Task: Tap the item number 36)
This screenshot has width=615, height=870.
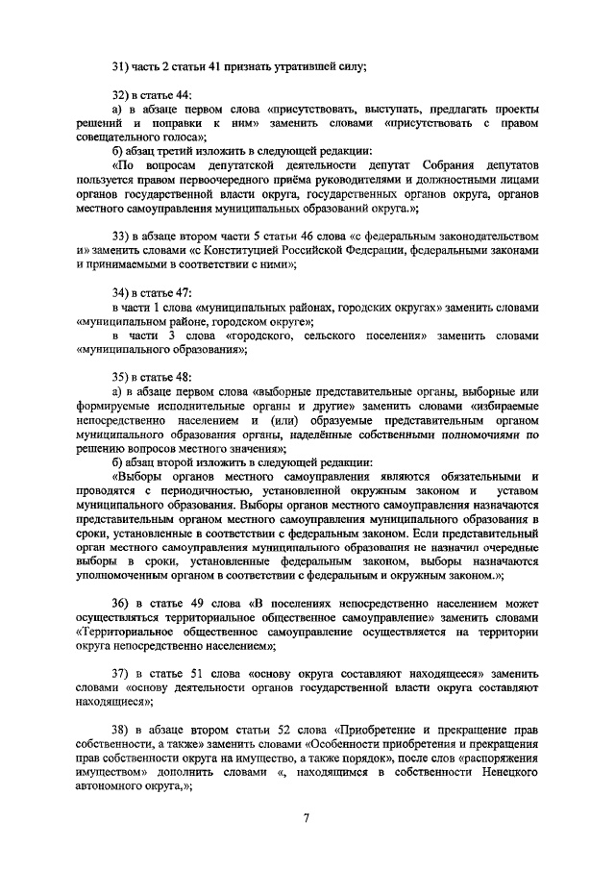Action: (121, 603)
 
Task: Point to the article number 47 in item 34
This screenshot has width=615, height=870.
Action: (184, 292)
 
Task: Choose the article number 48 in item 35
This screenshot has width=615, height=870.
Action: (184, 377)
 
